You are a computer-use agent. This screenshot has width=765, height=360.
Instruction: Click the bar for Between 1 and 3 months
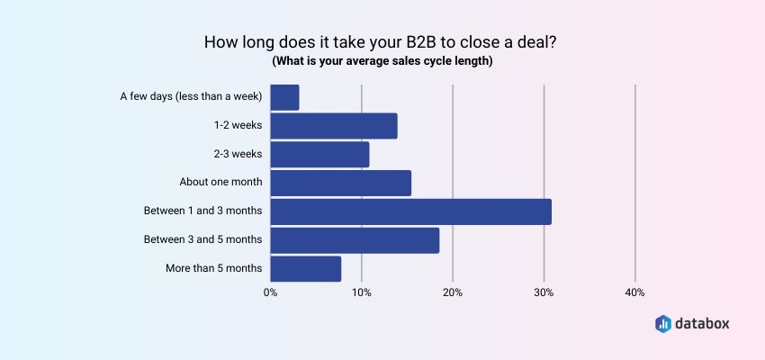410,211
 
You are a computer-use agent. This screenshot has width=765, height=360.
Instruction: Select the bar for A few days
284,97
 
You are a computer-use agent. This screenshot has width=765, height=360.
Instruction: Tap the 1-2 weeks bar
333,126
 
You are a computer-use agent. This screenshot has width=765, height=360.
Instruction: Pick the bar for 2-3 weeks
319,155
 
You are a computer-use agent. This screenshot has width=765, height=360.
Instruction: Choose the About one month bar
340,183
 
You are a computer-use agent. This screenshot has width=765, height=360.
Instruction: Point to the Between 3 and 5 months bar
355,240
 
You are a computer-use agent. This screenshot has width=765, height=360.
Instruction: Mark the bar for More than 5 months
305,268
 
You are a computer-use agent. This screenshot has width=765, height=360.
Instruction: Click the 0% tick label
270,292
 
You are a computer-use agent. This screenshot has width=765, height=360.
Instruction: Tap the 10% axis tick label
361,292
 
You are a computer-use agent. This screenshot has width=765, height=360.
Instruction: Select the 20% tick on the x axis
453,292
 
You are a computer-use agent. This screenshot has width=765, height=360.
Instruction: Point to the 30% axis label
544,292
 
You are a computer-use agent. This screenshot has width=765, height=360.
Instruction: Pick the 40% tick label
634,292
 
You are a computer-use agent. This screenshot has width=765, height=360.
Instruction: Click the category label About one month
220,182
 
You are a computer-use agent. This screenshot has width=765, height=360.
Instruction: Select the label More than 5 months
214,268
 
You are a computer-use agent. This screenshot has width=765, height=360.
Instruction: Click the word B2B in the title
413,42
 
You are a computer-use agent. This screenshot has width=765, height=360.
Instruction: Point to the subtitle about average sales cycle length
382,61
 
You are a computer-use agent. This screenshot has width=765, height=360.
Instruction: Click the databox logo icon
663,322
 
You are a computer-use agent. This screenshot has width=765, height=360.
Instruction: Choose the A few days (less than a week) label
191,96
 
